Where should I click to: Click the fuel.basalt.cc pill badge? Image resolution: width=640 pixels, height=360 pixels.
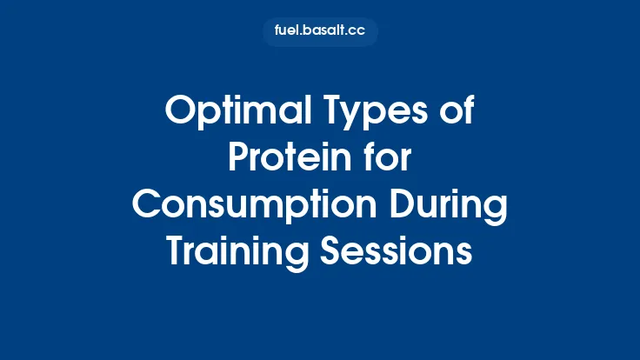pyautogui.click(x=320, y=32)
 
